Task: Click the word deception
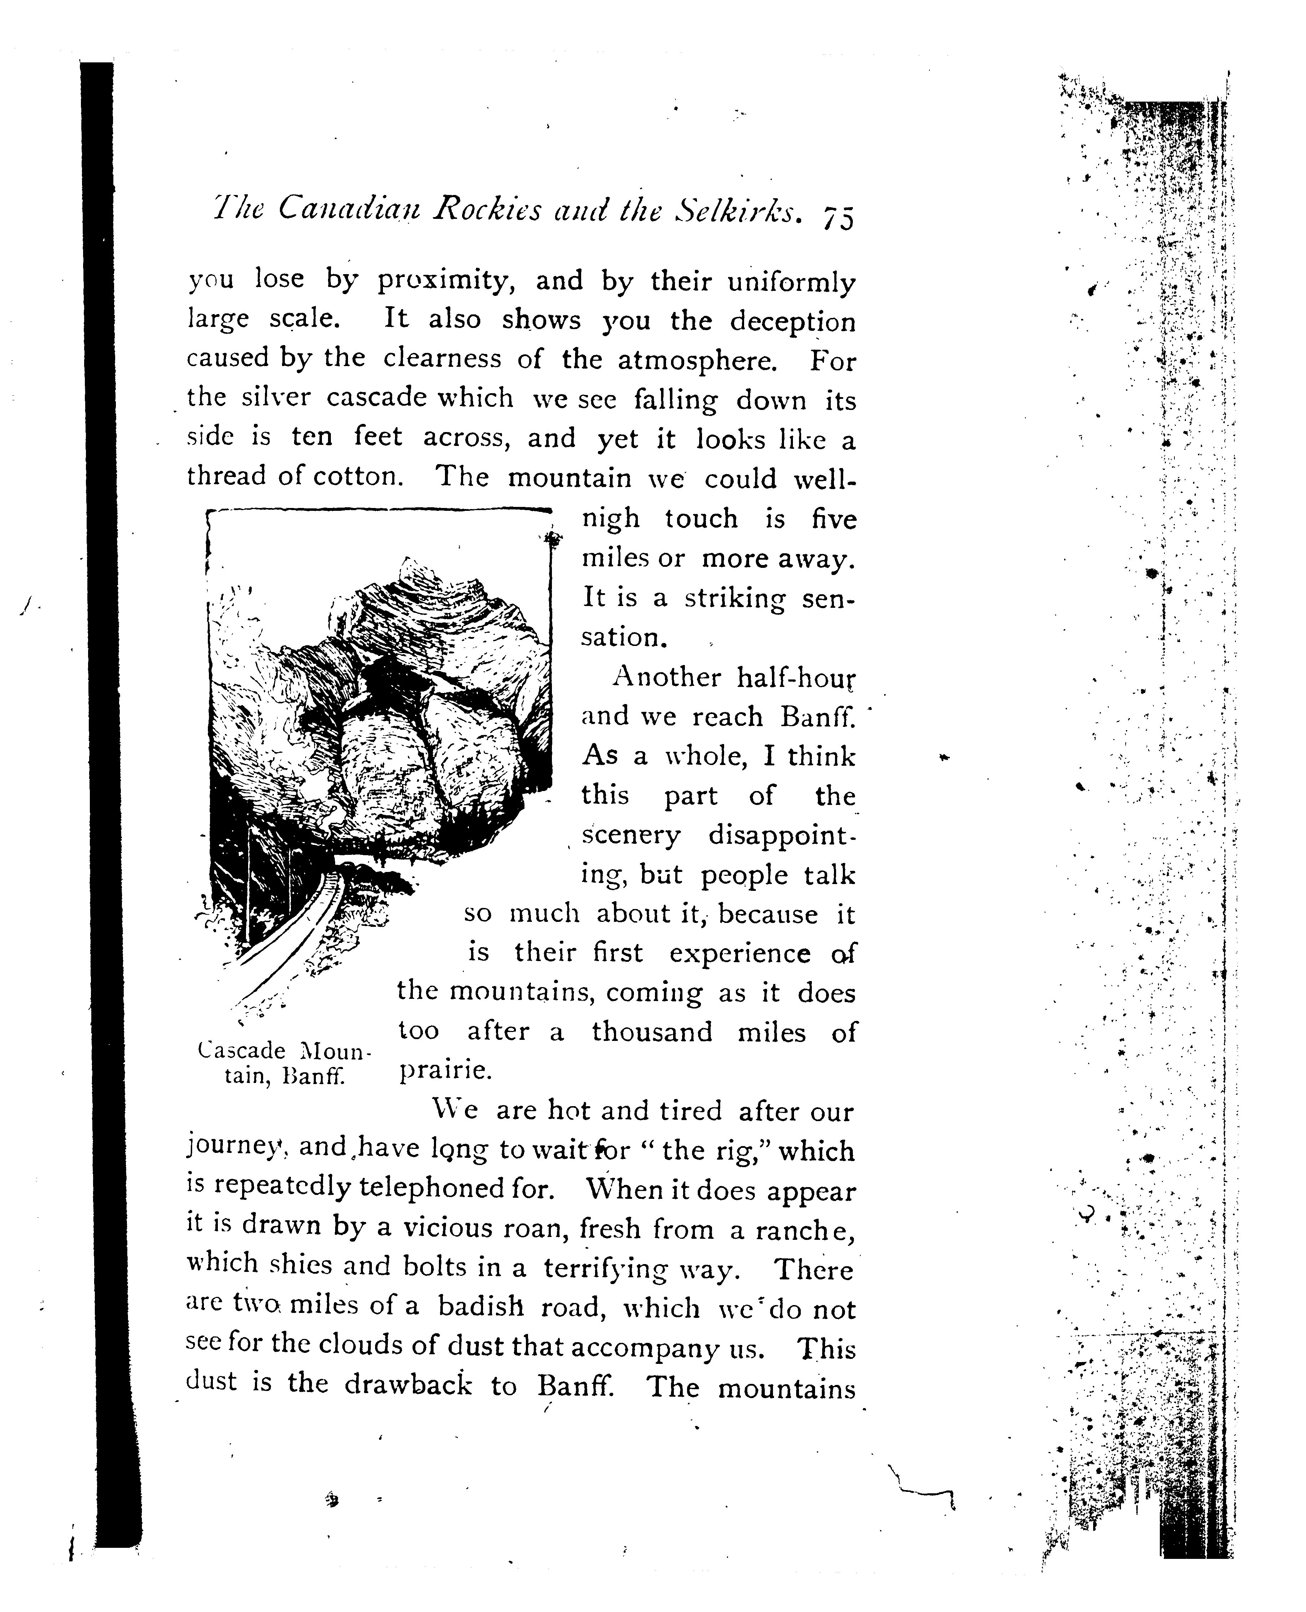pyautogui.click(x=792, y=322)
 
